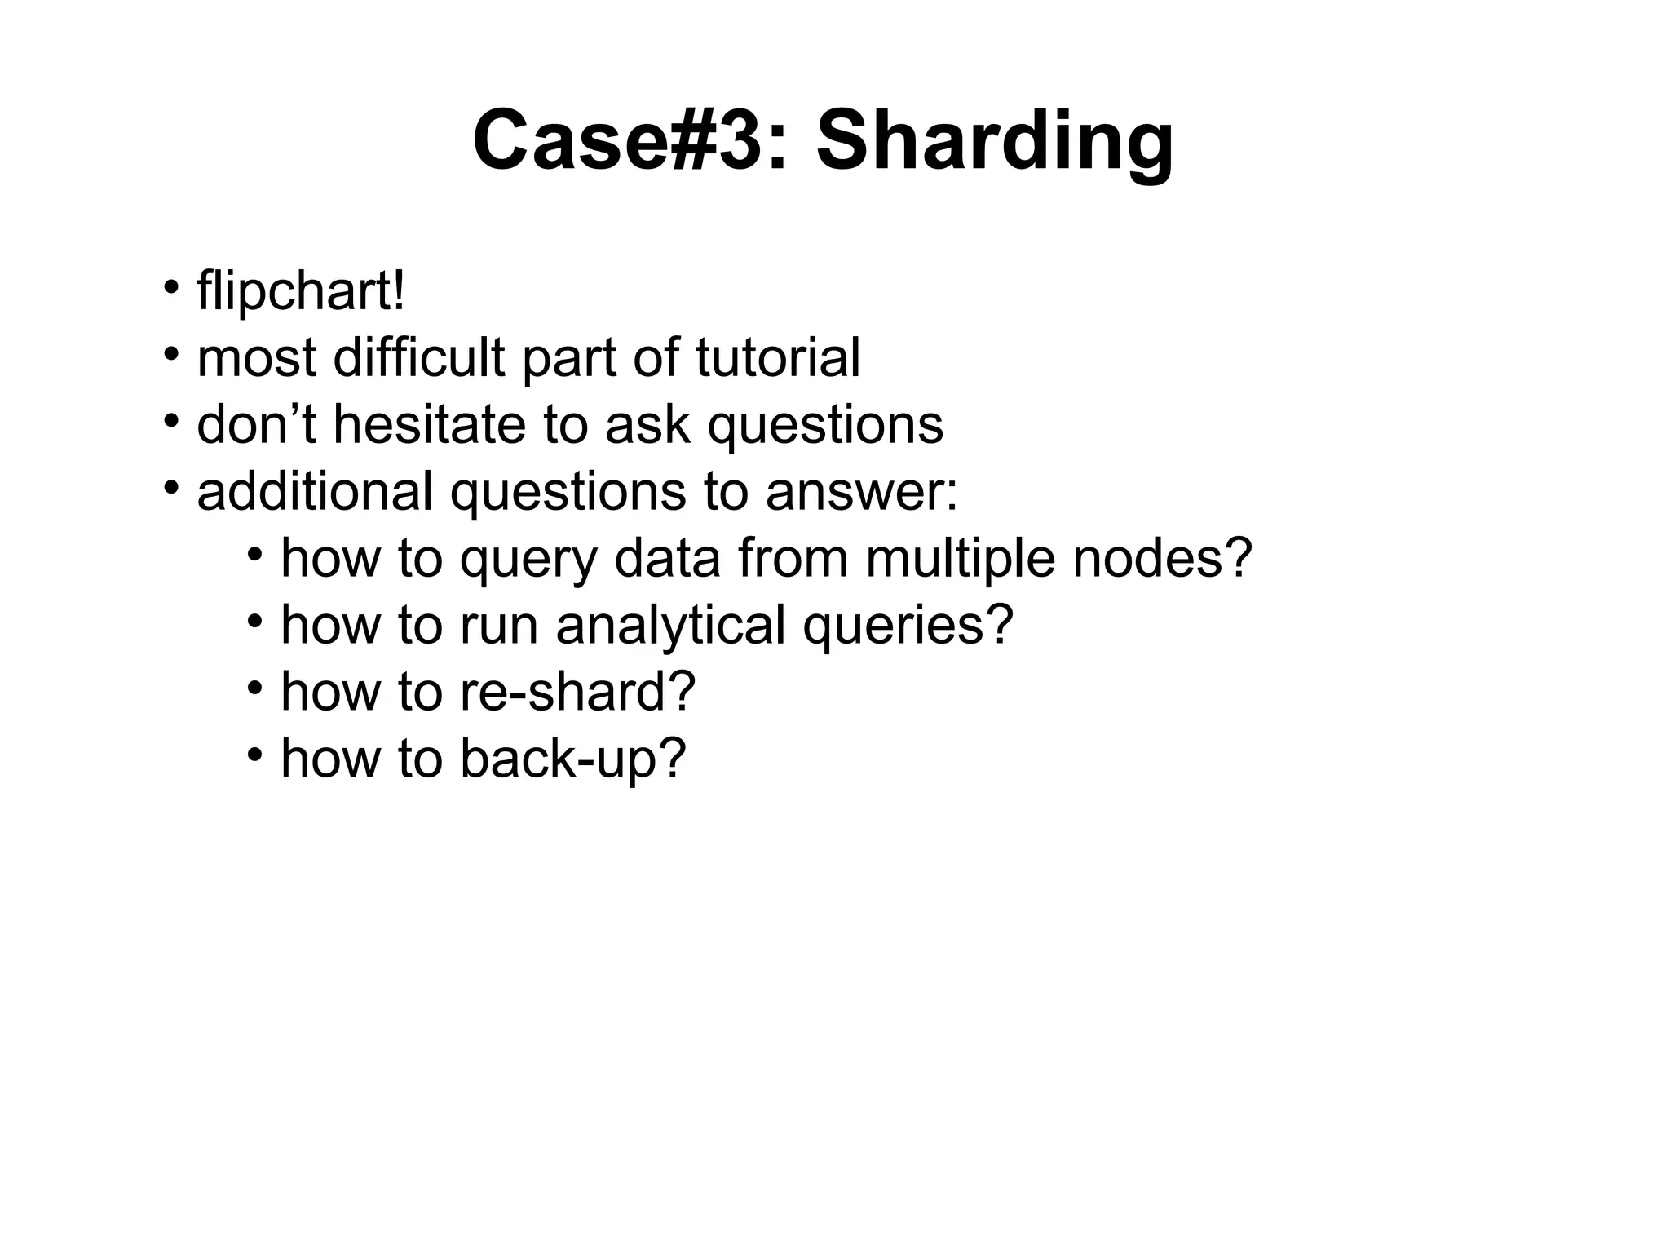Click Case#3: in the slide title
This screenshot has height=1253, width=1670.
(631, 141)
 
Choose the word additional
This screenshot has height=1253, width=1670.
(315, 492)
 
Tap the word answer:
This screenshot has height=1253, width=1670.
(862, 494)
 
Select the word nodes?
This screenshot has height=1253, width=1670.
(1162, 559)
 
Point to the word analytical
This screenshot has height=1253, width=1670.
(671, 626)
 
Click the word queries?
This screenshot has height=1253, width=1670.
(908, 627)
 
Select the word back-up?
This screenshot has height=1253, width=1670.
(573, 759)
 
